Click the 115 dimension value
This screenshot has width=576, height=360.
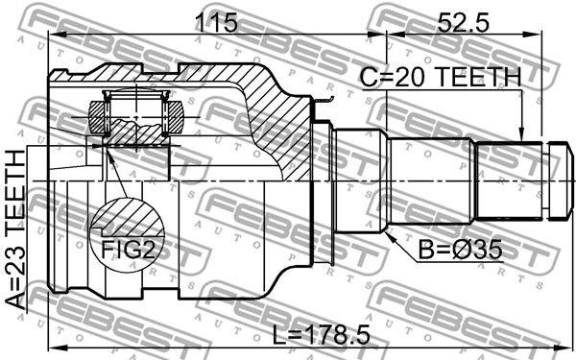(x=217, y=23)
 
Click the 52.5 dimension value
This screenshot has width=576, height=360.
(x=464, y=23)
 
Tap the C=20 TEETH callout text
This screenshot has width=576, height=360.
(x=440, y=77)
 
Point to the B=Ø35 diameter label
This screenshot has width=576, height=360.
(x=460, y=251)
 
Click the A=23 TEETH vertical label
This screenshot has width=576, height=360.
(x=15, y=229)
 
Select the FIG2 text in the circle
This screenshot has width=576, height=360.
(x=127, y=250)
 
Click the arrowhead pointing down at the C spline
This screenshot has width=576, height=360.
(x=521, y=134)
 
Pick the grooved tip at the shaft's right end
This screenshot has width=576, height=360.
(x=561, y=180)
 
